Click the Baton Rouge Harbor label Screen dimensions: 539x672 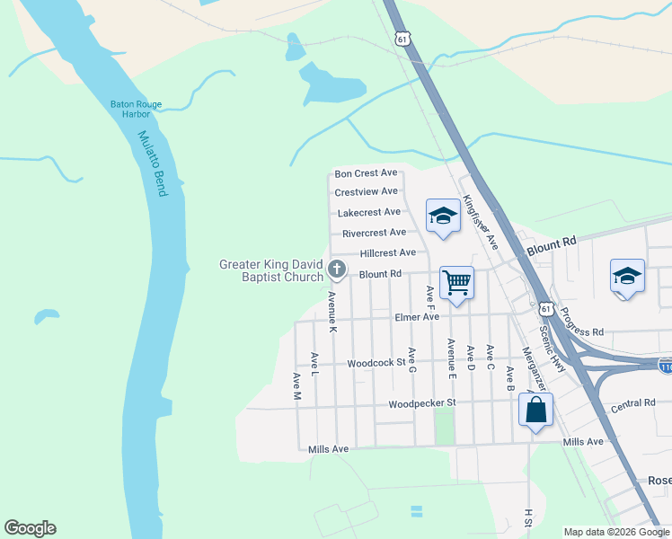pyautogui.click(x=136, y=110)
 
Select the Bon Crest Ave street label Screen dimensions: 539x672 pyautogui.click(x=366, y=173)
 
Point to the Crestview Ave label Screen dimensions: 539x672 pyautogui.click(x=366, y=192)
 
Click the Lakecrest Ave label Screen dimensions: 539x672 pyautogui.click(x=368, y=213)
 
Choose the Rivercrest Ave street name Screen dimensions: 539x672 pyautogui.click(x=374, y=233)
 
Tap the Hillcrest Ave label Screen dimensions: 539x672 pyautogui.click(x=388, y=253)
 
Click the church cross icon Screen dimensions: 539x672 pyautogui.click(x=337, y=269)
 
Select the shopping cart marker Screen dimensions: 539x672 pyautogui.click(x=456, y=283)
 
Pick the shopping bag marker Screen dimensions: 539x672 pyautogui.click(x=535, y=410)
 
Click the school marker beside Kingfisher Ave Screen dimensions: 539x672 pyautogui.click(x=442, y=216)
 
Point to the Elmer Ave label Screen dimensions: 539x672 pyautogui.click(x=417, y=317)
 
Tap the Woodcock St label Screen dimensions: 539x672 pyautogui.click(x=377, y=364)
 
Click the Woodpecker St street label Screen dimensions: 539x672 pyautogui.click(x=422, y=404)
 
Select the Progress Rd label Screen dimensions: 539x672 pyautogui.click(x=580, y=323)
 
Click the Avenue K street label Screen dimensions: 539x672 pyautogui.click(x=332, y=313)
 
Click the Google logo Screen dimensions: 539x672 pyautogui.click(x=30, y=528)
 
